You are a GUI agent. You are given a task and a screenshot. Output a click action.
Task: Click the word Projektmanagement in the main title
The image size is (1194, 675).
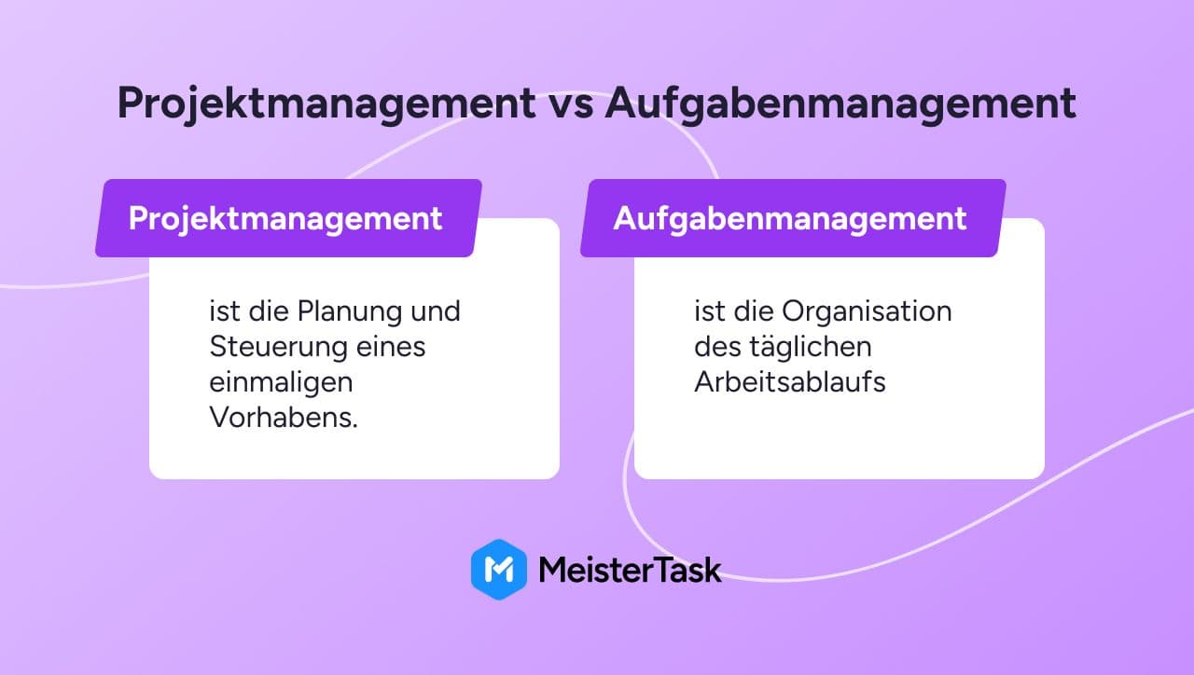click(326, 103)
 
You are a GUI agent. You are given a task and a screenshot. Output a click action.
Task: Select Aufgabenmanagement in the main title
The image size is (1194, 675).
click(840, 103)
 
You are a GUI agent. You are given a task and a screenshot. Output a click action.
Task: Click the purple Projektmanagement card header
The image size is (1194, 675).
click(288, 218)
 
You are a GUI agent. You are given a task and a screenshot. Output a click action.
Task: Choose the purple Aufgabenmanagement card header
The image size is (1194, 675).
click(793, 218)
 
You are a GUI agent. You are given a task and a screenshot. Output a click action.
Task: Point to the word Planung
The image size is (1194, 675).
click(349, 312)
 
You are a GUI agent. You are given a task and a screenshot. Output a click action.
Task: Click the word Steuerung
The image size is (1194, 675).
click(277, 348)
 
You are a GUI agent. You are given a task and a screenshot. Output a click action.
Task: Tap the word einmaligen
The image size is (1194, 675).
click(281, 383)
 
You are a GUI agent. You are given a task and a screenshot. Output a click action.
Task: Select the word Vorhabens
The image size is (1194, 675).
click(284, 417)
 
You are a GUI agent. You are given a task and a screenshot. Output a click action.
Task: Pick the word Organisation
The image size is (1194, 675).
click(867, 311)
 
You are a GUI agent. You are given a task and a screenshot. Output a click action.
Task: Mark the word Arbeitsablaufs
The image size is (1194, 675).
click(790, 382)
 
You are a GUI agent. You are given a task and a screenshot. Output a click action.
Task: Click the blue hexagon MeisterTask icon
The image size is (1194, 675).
click(499, 570)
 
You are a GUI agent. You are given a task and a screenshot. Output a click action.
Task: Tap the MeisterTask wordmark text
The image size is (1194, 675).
click(630, 570)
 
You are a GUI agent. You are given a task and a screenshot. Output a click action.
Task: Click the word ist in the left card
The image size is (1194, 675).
click(225, 311)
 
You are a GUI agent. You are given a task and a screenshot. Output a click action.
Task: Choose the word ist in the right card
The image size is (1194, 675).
click(710, 311)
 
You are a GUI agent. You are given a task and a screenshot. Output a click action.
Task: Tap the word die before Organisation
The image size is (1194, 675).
click(754, 311)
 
